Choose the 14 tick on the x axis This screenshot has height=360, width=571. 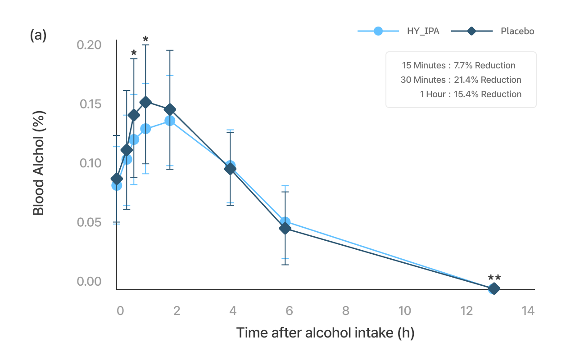[527, 310]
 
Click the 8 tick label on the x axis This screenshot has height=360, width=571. [345, 310]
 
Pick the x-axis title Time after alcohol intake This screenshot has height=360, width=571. [325, 333]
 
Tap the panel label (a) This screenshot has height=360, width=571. [38, 35]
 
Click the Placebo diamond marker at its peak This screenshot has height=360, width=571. [145, 102]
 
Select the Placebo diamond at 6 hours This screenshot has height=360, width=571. [285, 228]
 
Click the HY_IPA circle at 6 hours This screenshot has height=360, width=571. [285, 221]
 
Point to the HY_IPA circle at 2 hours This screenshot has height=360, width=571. [170, 121]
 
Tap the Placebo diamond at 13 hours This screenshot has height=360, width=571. [494, 289]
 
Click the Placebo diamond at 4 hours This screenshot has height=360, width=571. [230, 169]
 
